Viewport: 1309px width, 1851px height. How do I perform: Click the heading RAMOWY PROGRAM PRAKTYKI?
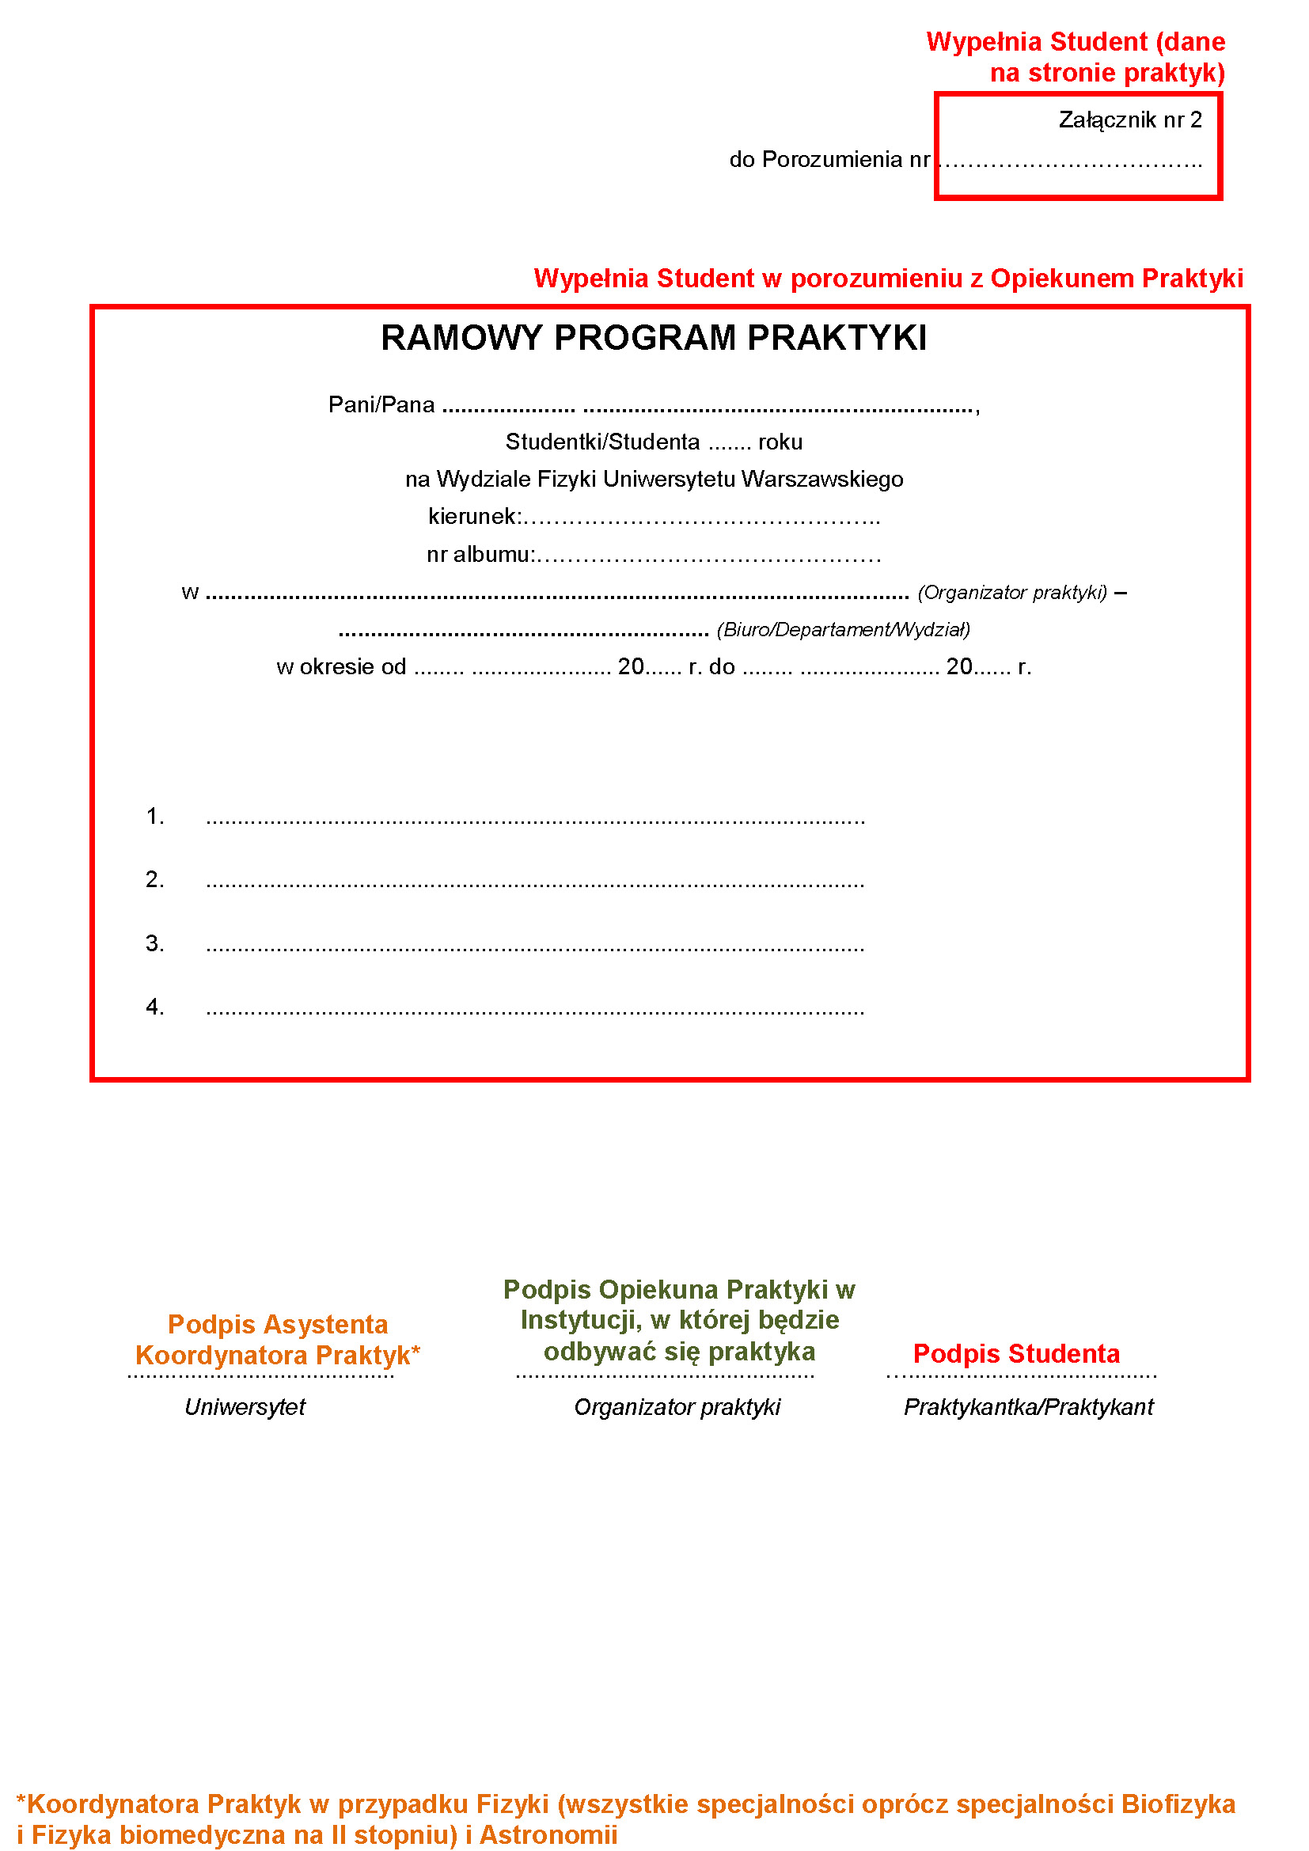coord(653,338)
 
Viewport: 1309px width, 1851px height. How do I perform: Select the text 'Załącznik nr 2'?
coord(1129,120)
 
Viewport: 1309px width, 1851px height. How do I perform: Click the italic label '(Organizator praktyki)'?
coord(1011,593)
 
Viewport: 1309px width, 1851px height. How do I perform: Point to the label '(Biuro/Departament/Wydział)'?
coord(843,630)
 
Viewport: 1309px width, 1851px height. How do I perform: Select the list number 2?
coord(154,879)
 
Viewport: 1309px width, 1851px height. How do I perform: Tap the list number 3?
coord(154,943)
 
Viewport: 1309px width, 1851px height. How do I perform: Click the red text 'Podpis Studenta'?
coord(1015,1353)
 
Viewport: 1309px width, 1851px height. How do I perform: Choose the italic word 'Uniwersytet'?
coord(245,1407)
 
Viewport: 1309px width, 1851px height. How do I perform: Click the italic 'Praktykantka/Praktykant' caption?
coord(1028,1407)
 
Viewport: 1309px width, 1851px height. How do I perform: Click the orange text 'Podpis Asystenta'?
coord(277,1325)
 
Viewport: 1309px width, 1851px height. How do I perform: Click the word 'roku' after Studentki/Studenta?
coord(780,442)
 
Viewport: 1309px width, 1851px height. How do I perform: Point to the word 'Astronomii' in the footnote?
coord(548,1835)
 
